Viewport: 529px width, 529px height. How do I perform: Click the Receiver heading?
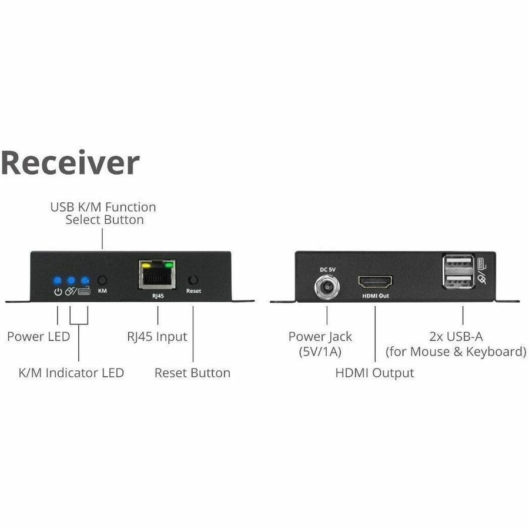(70, 163)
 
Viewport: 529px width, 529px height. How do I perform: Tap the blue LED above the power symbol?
(57, 280)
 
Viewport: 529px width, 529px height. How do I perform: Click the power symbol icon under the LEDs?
(57, 291)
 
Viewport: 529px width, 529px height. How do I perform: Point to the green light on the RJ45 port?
(169, 264)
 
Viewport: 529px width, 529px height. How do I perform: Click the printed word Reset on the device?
(193, 291)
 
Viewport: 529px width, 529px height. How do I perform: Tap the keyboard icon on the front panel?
(84, 291)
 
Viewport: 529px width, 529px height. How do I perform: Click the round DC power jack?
(327, 287)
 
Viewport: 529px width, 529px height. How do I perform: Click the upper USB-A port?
(458, 263)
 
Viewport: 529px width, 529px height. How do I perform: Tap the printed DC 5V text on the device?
(327, 269)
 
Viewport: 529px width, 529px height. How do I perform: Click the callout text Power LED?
(38, 337)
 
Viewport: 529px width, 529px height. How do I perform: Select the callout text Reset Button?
(192, 373)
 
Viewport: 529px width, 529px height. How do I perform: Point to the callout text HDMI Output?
(374, 373)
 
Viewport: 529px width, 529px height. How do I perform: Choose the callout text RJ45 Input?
(157, 337)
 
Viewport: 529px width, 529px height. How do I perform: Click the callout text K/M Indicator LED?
(71, 373)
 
